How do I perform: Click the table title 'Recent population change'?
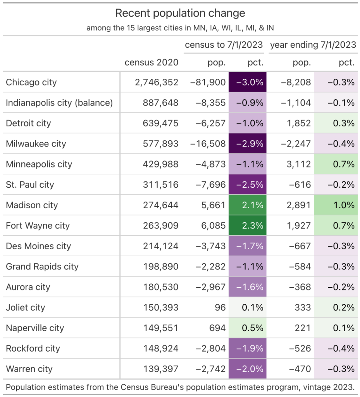coord(180,13)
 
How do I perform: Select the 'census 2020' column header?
coord(152,62)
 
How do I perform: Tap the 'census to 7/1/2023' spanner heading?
coord(224,45)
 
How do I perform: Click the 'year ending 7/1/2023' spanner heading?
coord(313,45)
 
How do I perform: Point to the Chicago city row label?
coord(31,82)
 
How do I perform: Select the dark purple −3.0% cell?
coord(248,82)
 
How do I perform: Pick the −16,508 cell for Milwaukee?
coord(208,144)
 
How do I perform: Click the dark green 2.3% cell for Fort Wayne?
coord(248,226)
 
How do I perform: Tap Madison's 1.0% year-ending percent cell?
coord(336,205)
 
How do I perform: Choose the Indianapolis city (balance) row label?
coord(59,103)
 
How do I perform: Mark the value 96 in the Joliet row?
coord(220,307)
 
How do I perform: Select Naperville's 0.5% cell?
coord(248,328)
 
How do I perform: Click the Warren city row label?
coord(29,369)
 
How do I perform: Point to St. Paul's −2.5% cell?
coord(248,185)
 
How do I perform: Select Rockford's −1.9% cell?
coord(248,349)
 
